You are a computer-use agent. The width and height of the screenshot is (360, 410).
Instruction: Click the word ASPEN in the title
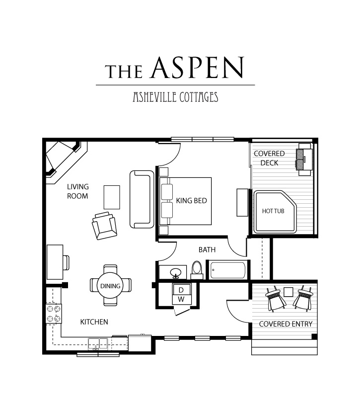197,68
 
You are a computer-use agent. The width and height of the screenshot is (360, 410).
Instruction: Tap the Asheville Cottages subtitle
175,97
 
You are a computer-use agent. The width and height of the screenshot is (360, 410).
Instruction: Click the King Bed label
192,201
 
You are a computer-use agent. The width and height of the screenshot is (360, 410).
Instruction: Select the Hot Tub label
273,211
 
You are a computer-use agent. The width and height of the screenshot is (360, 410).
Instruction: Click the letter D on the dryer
181,290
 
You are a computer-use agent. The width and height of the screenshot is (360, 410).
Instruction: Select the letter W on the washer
181,299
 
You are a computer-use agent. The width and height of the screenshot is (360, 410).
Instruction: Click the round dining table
111,285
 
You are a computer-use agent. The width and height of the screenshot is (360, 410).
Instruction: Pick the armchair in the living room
104,226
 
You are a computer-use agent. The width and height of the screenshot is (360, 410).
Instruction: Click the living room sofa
142,199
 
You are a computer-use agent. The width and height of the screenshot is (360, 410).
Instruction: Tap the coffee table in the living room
112,197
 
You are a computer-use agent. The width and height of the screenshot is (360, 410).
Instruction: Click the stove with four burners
54,314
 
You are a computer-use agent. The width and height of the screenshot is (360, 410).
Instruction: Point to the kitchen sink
98,344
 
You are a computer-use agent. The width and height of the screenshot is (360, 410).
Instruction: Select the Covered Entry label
286,324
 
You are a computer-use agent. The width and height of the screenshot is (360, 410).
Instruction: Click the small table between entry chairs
288,292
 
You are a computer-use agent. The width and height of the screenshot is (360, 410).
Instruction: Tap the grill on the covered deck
304,159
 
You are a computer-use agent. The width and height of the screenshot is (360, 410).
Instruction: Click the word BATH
207,249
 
